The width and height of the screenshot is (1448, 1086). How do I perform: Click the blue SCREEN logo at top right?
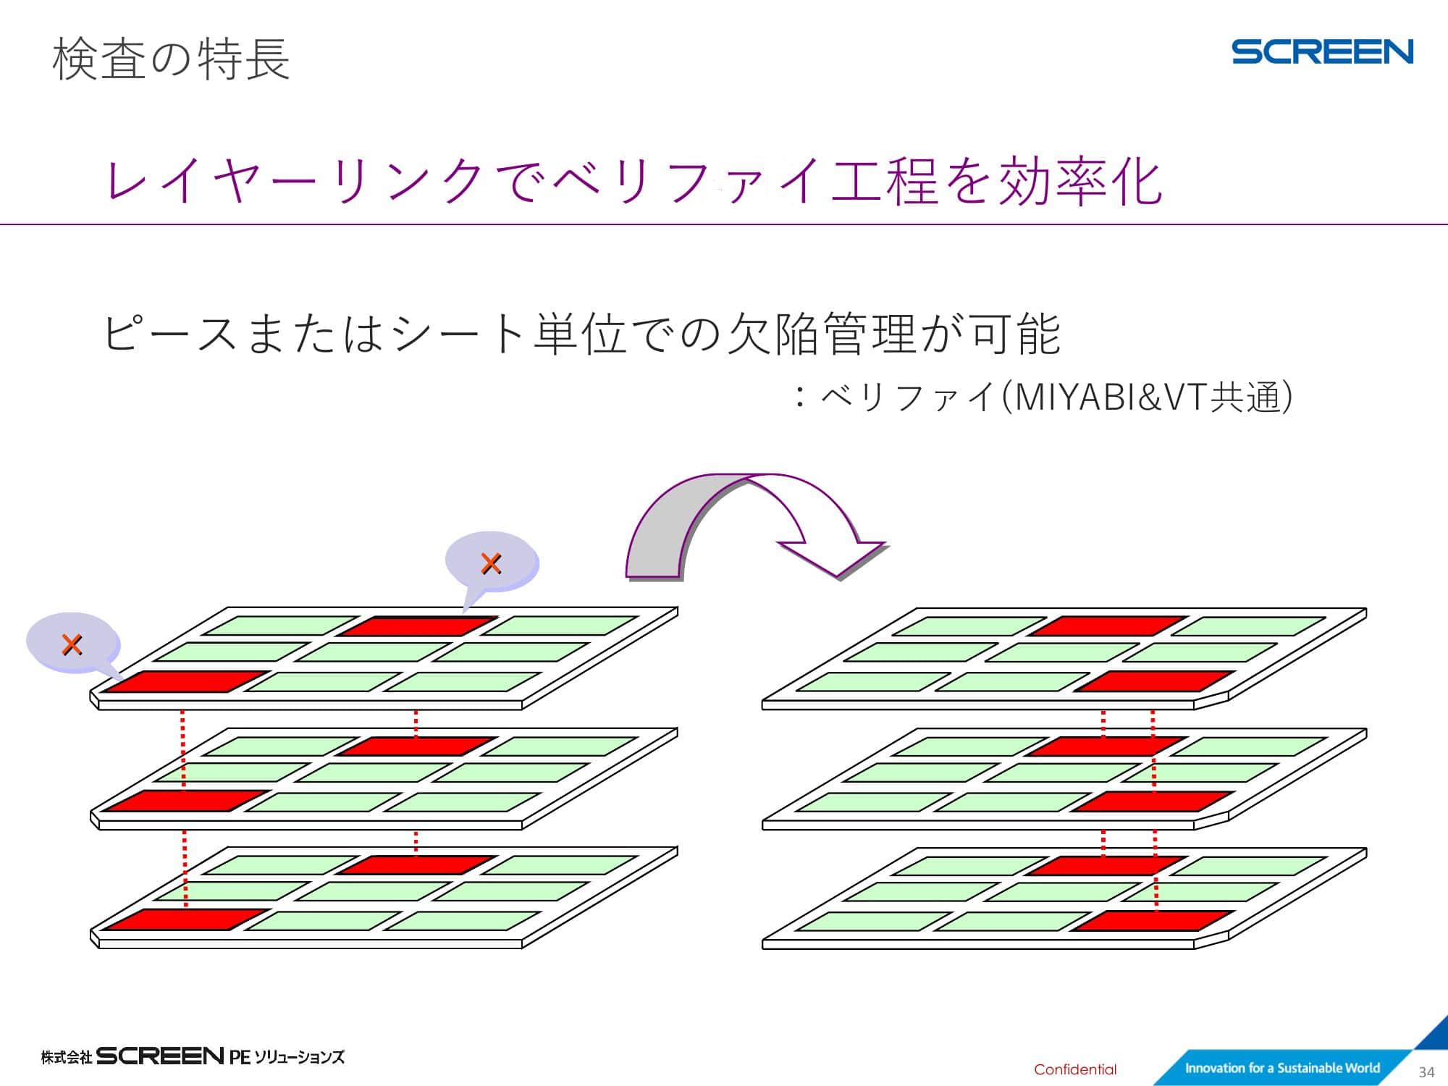(1322, 52)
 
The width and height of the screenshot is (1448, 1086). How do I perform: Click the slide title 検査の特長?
(172, 59)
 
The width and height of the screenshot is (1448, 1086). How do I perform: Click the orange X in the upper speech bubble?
(491, 563)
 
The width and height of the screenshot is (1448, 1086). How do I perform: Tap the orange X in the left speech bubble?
(72, 644)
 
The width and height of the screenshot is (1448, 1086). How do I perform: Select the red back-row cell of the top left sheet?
(418, 626)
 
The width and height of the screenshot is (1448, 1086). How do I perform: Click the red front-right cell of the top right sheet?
(1155, 681)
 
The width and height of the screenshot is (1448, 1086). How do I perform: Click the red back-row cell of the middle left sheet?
(418, 746)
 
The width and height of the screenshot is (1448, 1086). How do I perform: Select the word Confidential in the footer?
(1075, 1069)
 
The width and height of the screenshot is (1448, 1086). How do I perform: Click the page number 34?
(1426, 1072)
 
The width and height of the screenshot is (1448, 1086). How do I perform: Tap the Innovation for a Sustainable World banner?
(1282, 1067)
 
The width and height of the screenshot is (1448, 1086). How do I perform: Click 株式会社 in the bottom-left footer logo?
(67, 1057)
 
